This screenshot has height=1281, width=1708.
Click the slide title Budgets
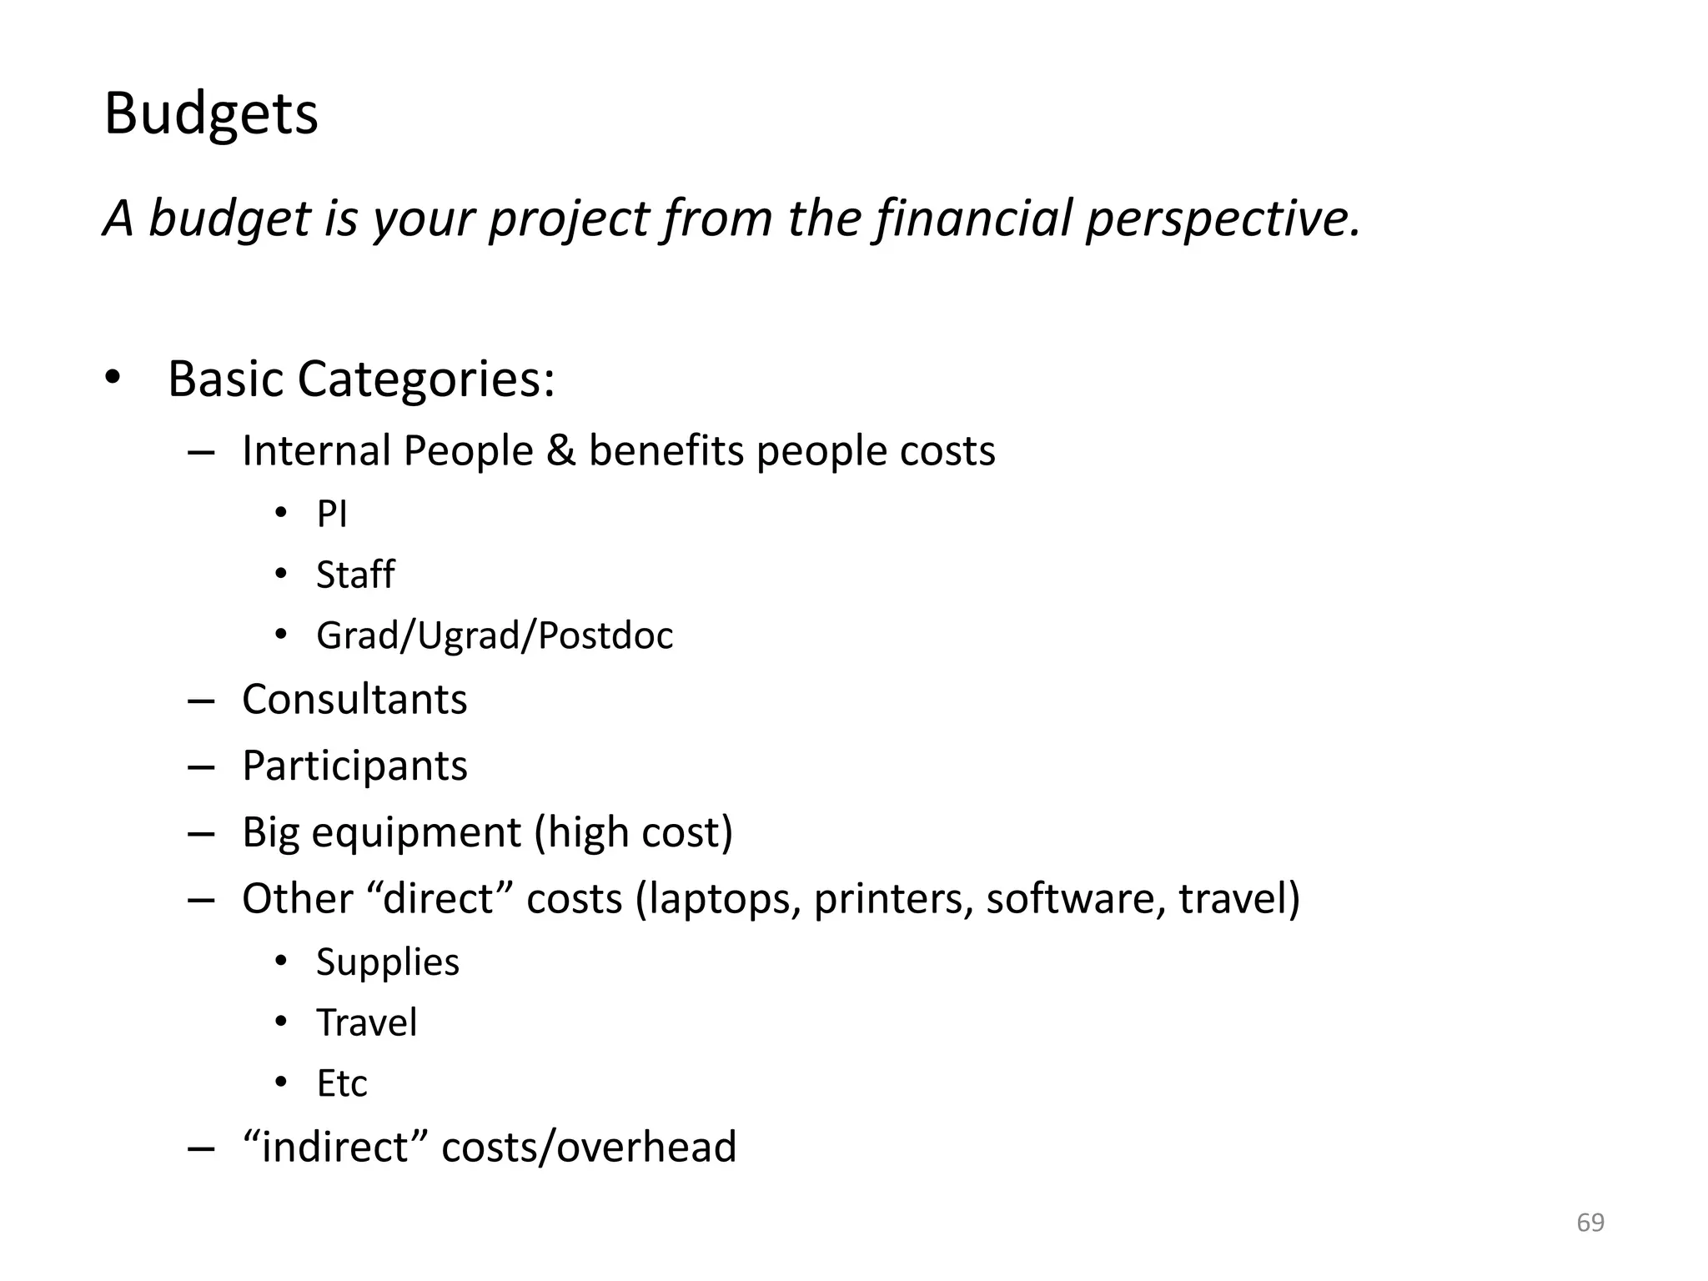[x=211, y=113]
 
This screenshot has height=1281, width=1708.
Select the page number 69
[x=1590, y=1223]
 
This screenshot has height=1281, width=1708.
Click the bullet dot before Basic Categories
[x=113, y=379]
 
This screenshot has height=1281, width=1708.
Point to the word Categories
[x=425, y=379]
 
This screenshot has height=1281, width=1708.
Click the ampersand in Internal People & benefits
[x=561, y=451]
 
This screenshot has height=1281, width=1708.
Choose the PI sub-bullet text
[x=331, y=514]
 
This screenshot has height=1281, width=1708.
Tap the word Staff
[x=355, y=575]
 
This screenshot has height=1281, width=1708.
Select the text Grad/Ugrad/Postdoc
[x=495, y=635]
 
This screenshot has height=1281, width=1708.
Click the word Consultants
[x=354, y=699]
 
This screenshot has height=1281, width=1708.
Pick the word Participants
[x=354, y=766]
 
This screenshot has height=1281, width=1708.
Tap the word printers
[x=893, y=899]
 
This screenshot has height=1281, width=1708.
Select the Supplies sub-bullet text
[x=388, y=962]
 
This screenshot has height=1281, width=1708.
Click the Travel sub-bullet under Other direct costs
[x=367, y=1023]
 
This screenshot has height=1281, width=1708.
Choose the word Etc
[x=342, y=1084]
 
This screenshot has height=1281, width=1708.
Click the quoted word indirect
[x=334, y=1147]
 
